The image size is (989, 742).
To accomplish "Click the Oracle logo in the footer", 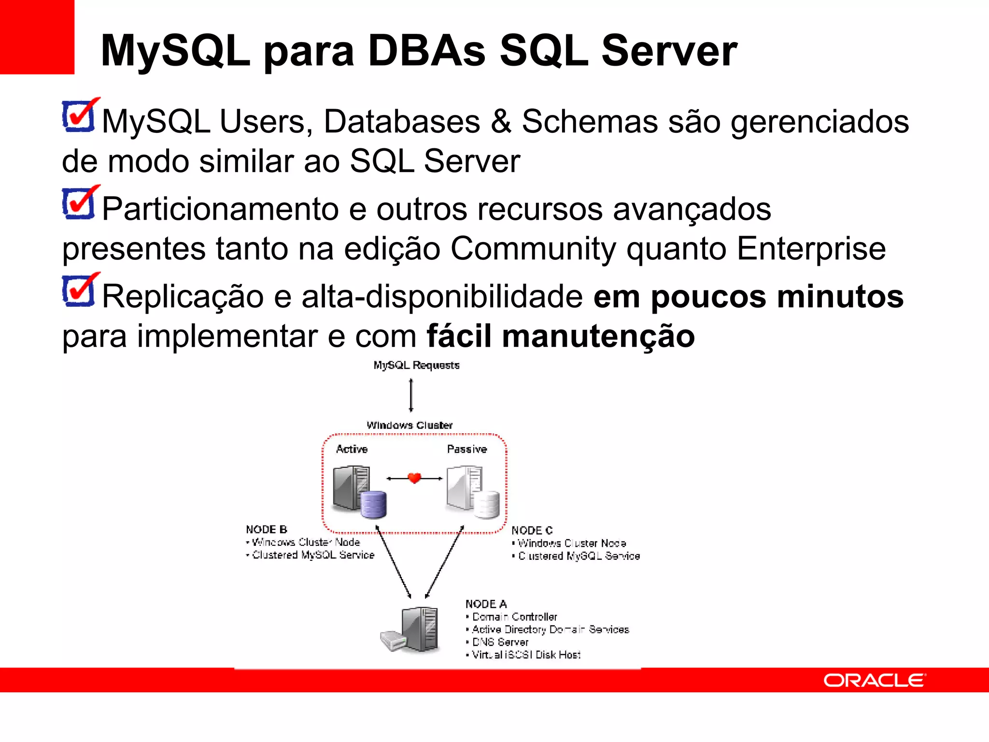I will click(874, 680).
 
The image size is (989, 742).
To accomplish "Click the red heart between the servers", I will click(414, 478).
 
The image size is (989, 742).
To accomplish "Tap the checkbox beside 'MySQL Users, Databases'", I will click(79, 116).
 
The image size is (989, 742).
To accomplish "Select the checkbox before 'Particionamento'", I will click(79, 203).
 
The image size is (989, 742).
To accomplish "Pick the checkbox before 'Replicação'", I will click(79, 291).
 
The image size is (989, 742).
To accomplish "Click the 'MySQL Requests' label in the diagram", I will click(416, 365).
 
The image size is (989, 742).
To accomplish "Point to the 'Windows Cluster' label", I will click(410, 425).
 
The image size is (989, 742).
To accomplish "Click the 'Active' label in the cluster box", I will click(352, 449).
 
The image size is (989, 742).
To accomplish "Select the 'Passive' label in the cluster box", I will click(466, 449).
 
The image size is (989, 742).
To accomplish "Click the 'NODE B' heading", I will click(267, 529).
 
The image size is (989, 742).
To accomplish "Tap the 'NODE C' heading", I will click(532, 530).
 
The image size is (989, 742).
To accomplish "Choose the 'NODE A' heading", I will click(486, 604).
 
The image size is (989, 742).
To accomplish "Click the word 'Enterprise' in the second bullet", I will click(811, 249).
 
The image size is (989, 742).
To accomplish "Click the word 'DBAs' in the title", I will click(426, 51).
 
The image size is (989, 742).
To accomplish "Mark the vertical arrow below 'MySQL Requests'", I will click(411, 395).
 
